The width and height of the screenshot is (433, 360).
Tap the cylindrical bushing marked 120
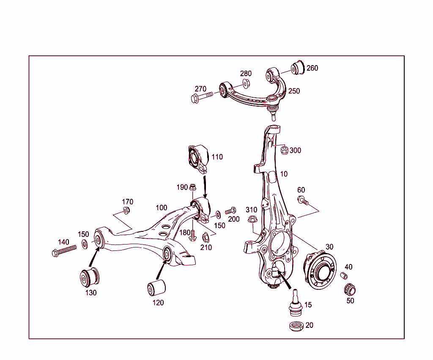[x=156, y=288]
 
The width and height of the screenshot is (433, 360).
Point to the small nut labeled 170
[x=126, y=210]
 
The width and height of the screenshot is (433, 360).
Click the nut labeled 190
[x=192, y=187]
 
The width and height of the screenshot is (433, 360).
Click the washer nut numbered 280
[x=246, y=83]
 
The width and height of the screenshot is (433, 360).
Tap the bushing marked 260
[x=298, y=67]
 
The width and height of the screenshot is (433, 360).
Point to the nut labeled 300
[x=285, y=150]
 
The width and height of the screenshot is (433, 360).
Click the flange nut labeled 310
[x=252, y=219]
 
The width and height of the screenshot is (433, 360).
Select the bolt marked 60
[x=302, y=200]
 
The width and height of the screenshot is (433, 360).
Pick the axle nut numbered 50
[x=350, y=290]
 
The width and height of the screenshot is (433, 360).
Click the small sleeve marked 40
[x=344, y=276]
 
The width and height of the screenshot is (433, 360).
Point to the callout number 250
[x=294, y=91]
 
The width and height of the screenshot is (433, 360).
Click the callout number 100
[x=162, y=208]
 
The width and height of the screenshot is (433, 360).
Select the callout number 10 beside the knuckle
[x=283, y=174]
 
